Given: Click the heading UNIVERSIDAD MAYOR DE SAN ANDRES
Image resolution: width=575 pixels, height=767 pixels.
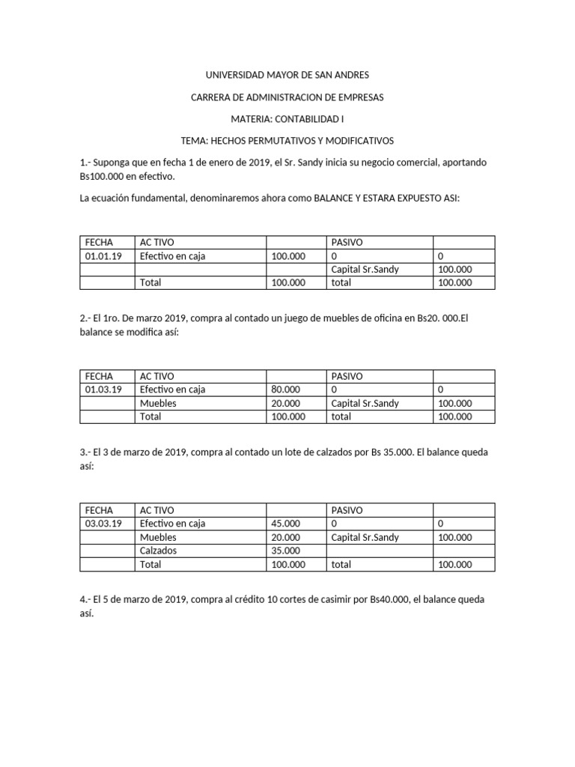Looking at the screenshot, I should [x=287, y=76].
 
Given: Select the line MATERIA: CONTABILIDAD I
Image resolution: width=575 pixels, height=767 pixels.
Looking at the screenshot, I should [x=287, y=119].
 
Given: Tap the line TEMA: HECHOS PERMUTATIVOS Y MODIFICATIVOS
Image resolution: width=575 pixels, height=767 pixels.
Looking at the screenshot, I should [x=287, y=141].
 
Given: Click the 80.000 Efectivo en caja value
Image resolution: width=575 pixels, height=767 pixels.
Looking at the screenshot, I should [x=285, y=389].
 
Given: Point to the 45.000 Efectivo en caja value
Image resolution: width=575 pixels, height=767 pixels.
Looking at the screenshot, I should [x=285, y=524].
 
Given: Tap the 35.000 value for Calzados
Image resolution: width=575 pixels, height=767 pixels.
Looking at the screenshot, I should [x=285, y=551].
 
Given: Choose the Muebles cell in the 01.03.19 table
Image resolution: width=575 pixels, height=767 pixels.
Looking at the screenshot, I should [x=158, y=403].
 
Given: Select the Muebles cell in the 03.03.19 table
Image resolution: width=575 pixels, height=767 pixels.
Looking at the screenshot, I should [x=158, y=537].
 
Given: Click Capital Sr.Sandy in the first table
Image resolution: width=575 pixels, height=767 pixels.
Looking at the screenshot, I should [x=365, y=270].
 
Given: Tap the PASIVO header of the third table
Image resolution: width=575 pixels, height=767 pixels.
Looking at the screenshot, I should [x=347, y=510].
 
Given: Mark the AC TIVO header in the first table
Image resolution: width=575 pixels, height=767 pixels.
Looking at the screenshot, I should [x=156, y=243].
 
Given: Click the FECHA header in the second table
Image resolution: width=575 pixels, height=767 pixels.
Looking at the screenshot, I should [x=99, y=376].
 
